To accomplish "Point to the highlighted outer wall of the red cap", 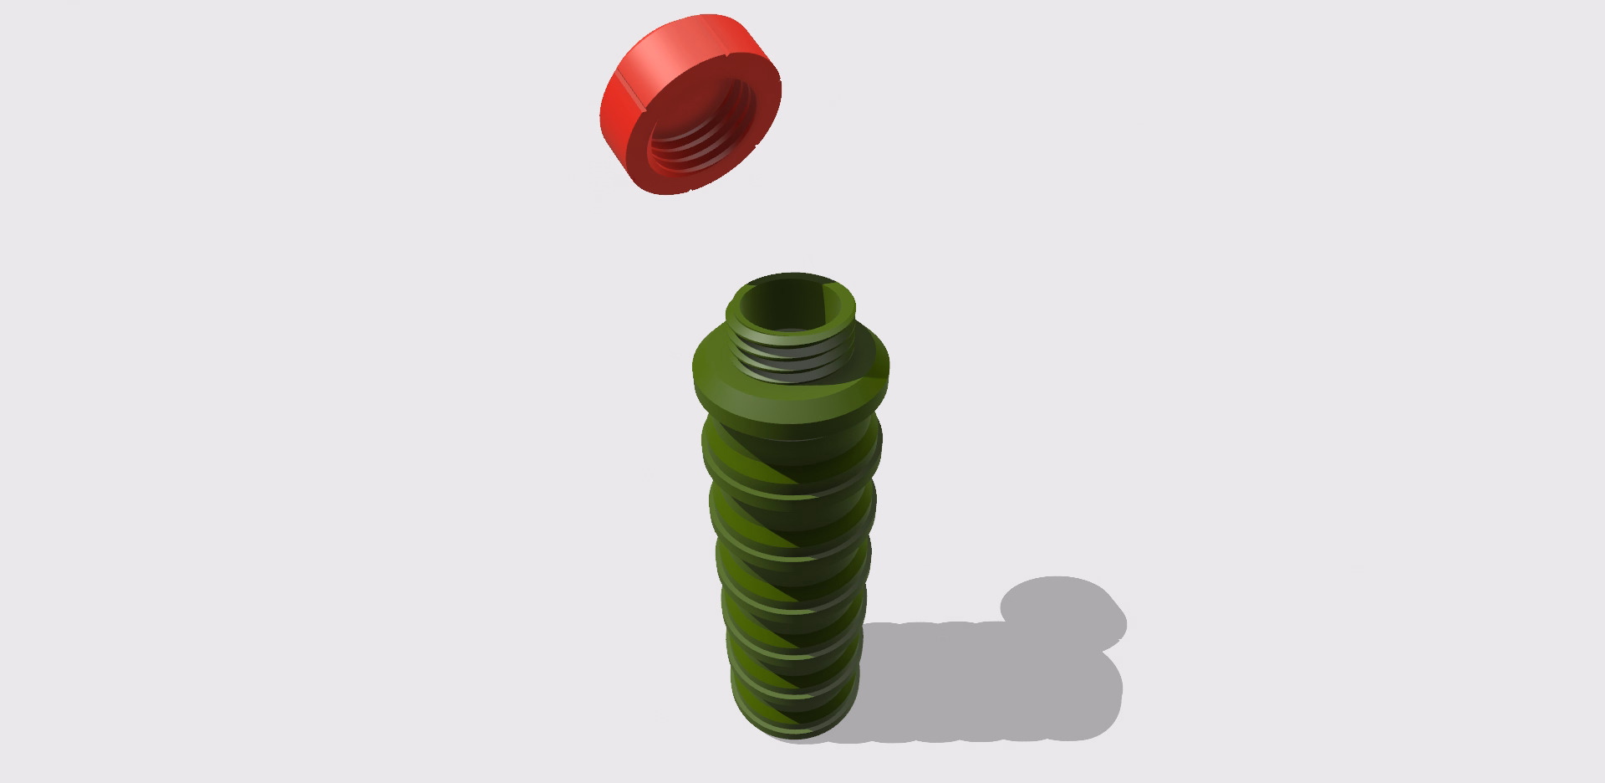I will pyautogui.click(x=669, y=50).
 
